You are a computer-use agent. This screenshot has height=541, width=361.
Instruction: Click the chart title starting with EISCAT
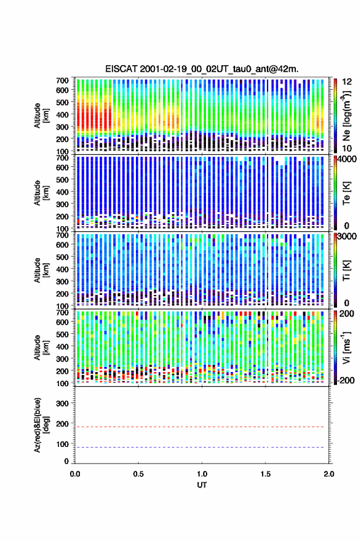point(202,69)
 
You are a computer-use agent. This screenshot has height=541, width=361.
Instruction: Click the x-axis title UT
point(202,485)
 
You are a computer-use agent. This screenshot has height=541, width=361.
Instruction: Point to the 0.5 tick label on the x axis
point(138,474)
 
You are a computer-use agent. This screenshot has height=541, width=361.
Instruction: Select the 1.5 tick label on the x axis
point(266,474)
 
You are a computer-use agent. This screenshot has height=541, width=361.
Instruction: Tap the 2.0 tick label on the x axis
point(329,474)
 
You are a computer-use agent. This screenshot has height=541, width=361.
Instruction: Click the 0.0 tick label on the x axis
point(75,474)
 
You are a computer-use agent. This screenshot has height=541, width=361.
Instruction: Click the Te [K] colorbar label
point(346,193)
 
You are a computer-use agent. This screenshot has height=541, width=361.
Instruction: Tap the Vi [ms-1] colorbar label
point(346,347)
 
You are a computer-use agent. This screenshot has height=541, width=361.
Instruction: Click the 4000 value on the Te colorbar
point(346,159)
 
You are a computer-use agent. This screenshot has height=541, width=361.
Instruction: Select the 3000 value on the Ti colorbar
point(346,237)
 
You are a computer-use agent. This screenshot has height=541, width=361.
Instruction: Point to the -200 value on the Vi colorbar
point(345,380)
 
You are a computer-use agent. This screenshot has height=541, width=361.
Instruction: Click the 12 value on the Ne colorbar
point(347,82)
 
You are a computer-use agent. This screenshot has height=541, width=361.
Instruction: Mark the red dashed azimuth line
point(199,427)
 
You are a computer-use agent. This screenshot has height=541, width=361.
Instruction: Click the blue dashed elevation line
point(199,447)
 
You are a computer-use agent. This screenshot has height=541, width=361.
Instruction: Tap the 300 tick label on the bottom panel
point(63,403)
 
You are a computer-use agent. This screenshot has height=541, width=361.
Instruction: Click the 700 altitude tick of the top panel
point(63,81)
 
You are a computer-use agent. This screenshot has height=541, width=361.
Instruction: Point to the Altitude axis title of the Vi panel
point(41,347)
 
